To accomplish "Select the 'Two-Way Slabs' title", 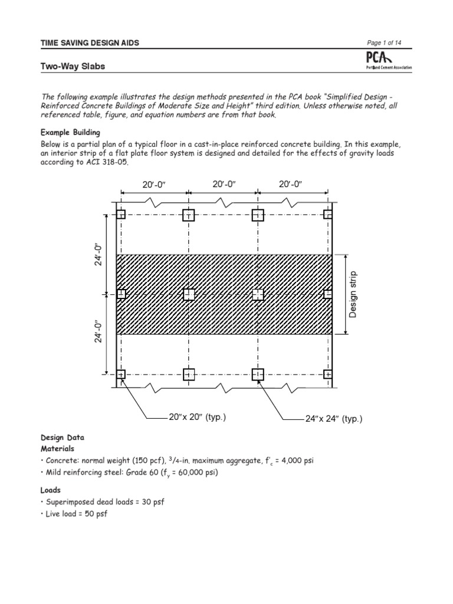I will tap(73, 66).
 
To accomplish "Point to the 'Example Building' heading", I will tap(70, 132).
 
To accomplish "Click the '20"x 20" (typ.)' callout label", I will tap(197, 418).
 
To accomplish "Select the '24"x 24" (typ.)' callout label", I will tap(334, 419).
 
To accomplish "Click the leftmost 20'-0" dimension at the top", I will tap(155, 186).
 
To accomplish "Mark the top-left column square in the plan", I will tap(121, 215).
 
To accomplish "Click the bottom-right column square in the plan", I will tap(329, 375).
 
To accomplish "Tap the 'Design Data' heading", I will tap(63, 438).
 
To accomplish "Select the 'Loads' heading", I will tap(51, 490).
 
